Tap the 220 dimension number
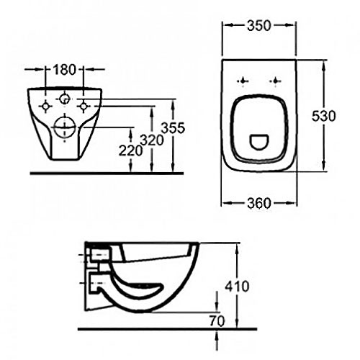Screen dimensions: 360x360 click(130, 152)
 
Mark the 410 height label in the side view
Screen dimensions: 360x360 click(238, 286)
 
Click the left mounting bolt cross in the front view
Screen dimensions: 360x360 click(45, 106)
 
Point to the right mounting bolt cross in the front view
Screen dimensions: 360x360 click(84, 106)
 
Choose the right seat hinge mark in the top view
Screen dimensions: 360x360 click(275, 81)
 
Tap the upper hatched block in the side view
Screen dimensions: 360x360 click(98, 254)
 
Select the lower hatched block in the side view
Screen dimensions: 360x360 click(98, 283)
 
